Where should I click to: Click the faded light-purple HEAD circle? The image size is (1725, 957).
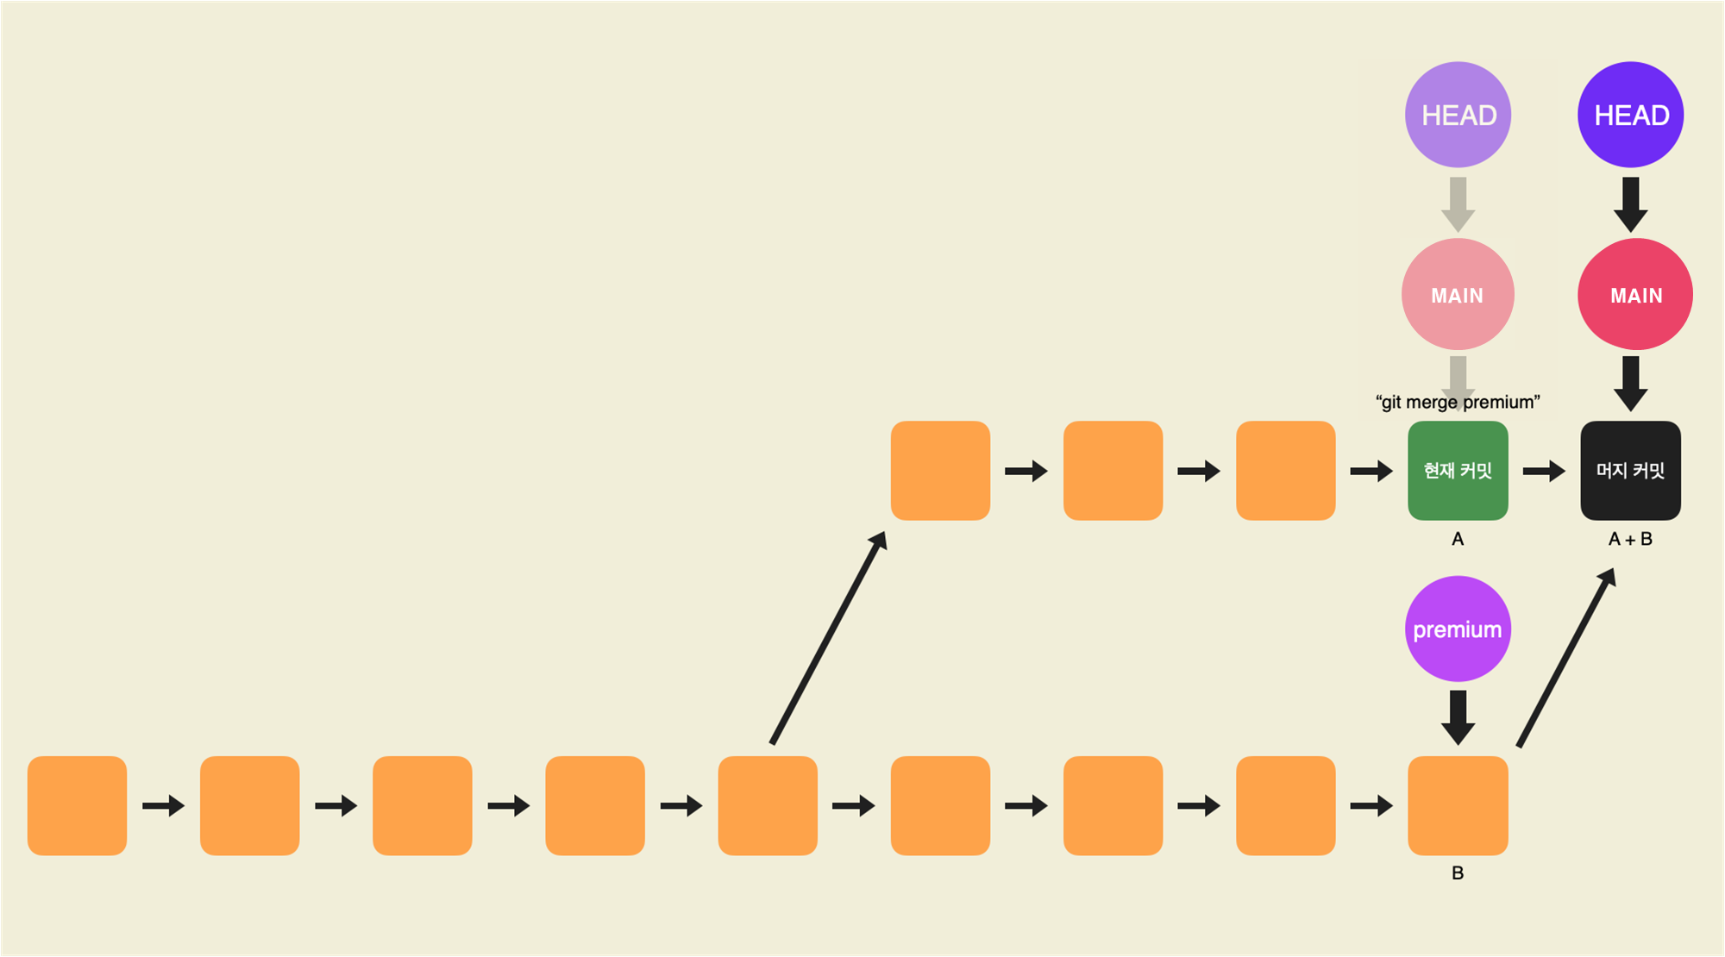click(1458, 115)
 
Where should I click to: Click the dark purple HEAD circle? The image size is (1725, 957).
click(1630, 115)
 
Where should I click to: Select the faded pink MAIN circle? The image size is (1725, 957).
click(1458, 295)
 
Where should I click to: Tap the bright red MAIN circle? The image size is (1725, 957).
click(1634, 295)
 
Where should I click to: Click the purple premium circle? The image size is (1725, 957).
click(1458, 629)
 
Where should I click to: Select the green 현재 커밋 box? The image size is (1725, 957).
click(1458, 471)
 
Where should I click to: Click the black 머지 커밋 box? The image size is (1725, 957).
click(1630, 471)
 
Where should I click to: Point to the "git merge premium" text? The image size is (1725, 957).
click(1458, 402)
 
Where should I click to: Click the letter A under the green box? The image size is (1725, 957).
click(1458, 539)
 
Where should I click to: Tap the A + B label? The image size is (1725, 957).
click(1630, 539)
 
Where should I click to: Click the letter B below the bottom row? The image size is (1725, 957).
click(1458, 873)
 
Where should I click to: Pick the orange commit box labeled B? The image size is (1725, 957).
click(1458, 805)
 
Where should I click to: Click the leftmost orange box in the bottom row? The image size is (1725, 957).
click(77, 805)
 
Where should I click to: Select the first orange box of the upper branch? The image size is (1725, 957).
click(940, 471)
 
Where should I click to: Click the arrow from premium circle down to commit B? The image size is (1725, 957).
click(1458, 716)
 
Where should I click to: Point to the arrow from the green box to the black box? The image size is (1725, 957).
click(1544, 471)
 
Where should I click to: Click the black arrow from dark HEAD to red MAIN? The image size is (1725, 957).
click(1630, 203)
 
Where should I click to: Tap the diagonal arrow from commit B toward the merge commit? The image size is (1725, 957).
click(1565, 657)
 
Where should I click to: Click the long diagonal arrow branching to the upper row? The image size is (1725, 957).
click(828, 638)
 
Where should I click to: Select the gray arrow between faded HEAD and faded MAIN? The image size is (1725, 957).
click(1458, 203)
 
